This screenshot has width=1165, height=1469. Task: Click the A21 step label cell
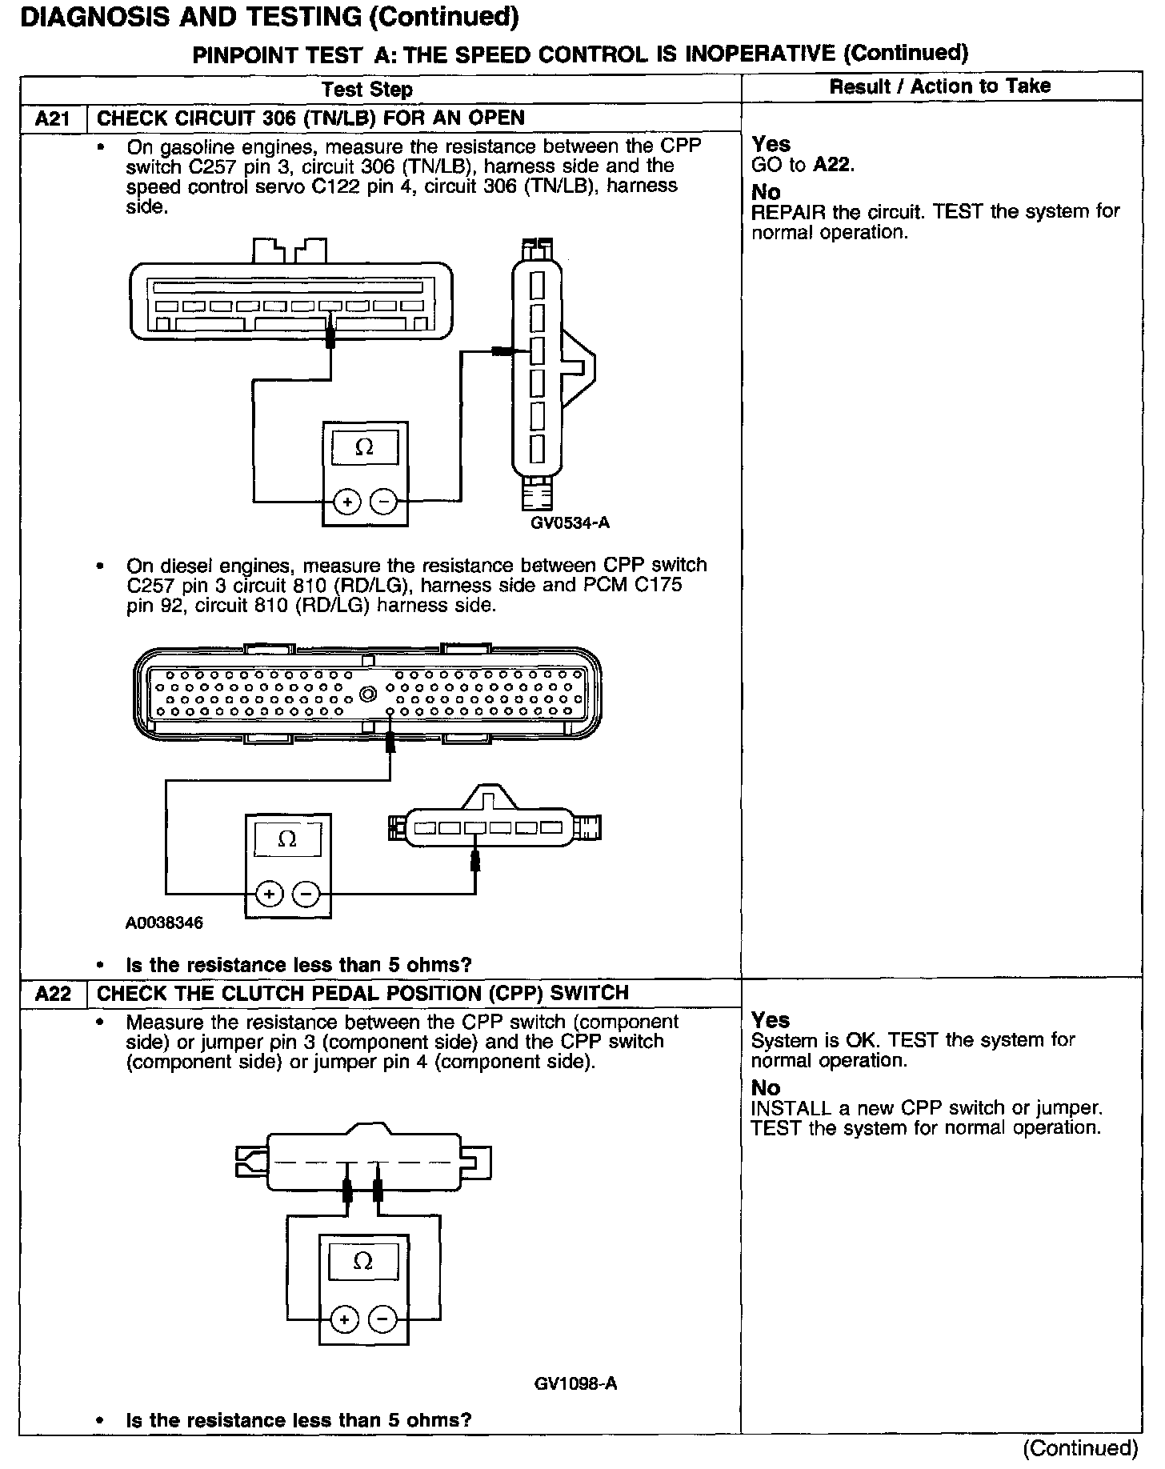point(53,119)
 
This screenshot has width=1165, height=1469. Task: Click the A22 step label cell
point(53,994)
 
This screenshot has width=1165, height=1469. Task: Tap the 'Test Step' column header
point(367,90)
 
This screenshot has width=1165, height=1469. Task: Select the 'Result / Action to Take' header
point(939,86)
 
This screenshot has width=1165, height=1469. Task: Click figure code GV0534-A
point(570,523)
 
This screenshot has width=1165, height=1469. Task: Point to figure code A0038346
point(164,923)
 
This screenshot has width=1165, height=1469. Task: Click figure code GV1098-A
point(575,1383)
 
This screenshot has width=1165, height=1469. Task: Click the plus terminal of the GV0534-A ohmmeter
point(347,502)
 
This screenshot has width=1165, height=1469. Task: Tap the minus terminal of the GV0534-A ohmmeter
point(385,502)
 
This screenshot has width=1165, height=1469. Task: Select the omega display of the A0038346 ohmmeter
point(287,840)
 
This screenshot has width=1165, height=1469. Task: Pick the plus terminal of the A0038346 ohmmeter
point(270,893)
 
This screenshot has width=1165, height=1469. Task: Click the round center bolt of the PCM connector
point(368,694)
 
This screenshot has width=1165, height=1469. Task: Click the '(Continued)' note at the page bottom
point(1080,1447)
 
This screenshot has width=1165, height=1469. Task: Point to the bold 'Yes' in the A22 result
point(771,1020)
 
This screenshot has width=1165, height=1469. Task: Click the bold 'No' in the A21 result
point(766,192)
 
